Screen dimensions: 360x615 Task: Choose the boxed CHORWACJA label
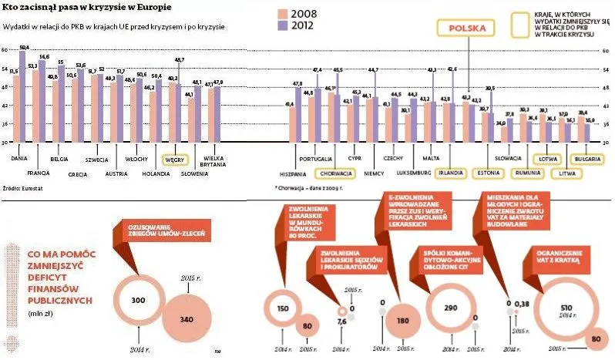click(x=340, y=173)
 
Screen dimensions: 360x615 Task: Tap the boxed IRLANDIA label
click(x=451, y=172)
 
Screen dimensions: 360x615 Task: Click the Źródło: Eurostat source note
click(x=21, y=187)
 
